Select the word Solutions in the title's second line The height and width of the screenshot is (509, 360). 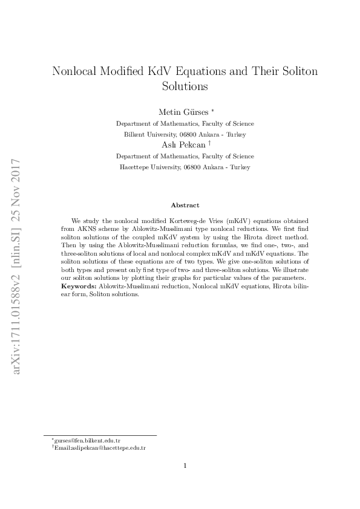(x=185, y=86)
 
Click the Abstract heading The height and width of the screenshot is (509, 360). (x=185, y=206)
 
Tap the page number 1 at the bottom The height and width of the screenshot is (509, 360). (x=185, y=465)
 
